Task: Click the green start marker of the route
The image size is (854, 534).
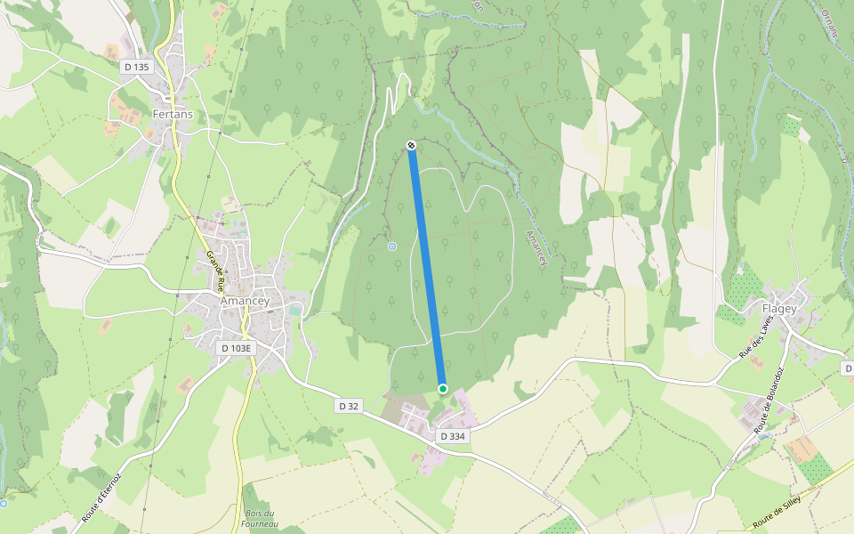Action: pos(443,388)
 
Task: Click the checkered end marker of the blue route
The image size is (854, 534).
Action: pos(411,145)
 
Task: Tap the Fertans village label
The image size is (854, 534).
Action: pos(173,115)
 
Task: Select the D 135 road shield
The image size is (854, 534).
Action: pos(137,67)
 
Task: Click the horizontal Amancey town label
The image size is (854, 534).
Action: pos(245,302)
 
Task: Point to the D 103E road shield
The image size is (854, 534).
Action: pos(237,348)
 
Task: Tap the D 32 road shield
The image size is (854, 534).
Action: pos(349,406)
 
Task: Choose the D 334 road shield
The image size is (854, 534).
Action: pos(453,436)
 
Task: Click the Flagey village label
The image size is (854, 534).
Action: pos(779,309)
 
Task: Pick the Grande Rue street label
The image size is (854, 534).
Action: pos(214,271)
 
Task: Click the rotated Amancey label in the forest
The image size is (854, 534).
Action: pos(537,248)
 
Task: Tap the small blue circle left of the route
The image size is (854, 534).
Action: pos(392,247)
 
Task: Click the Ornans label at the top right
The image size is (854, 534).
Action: pos(830,20)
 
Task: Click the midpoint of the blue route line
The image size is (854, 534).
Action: pos(427,267)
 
